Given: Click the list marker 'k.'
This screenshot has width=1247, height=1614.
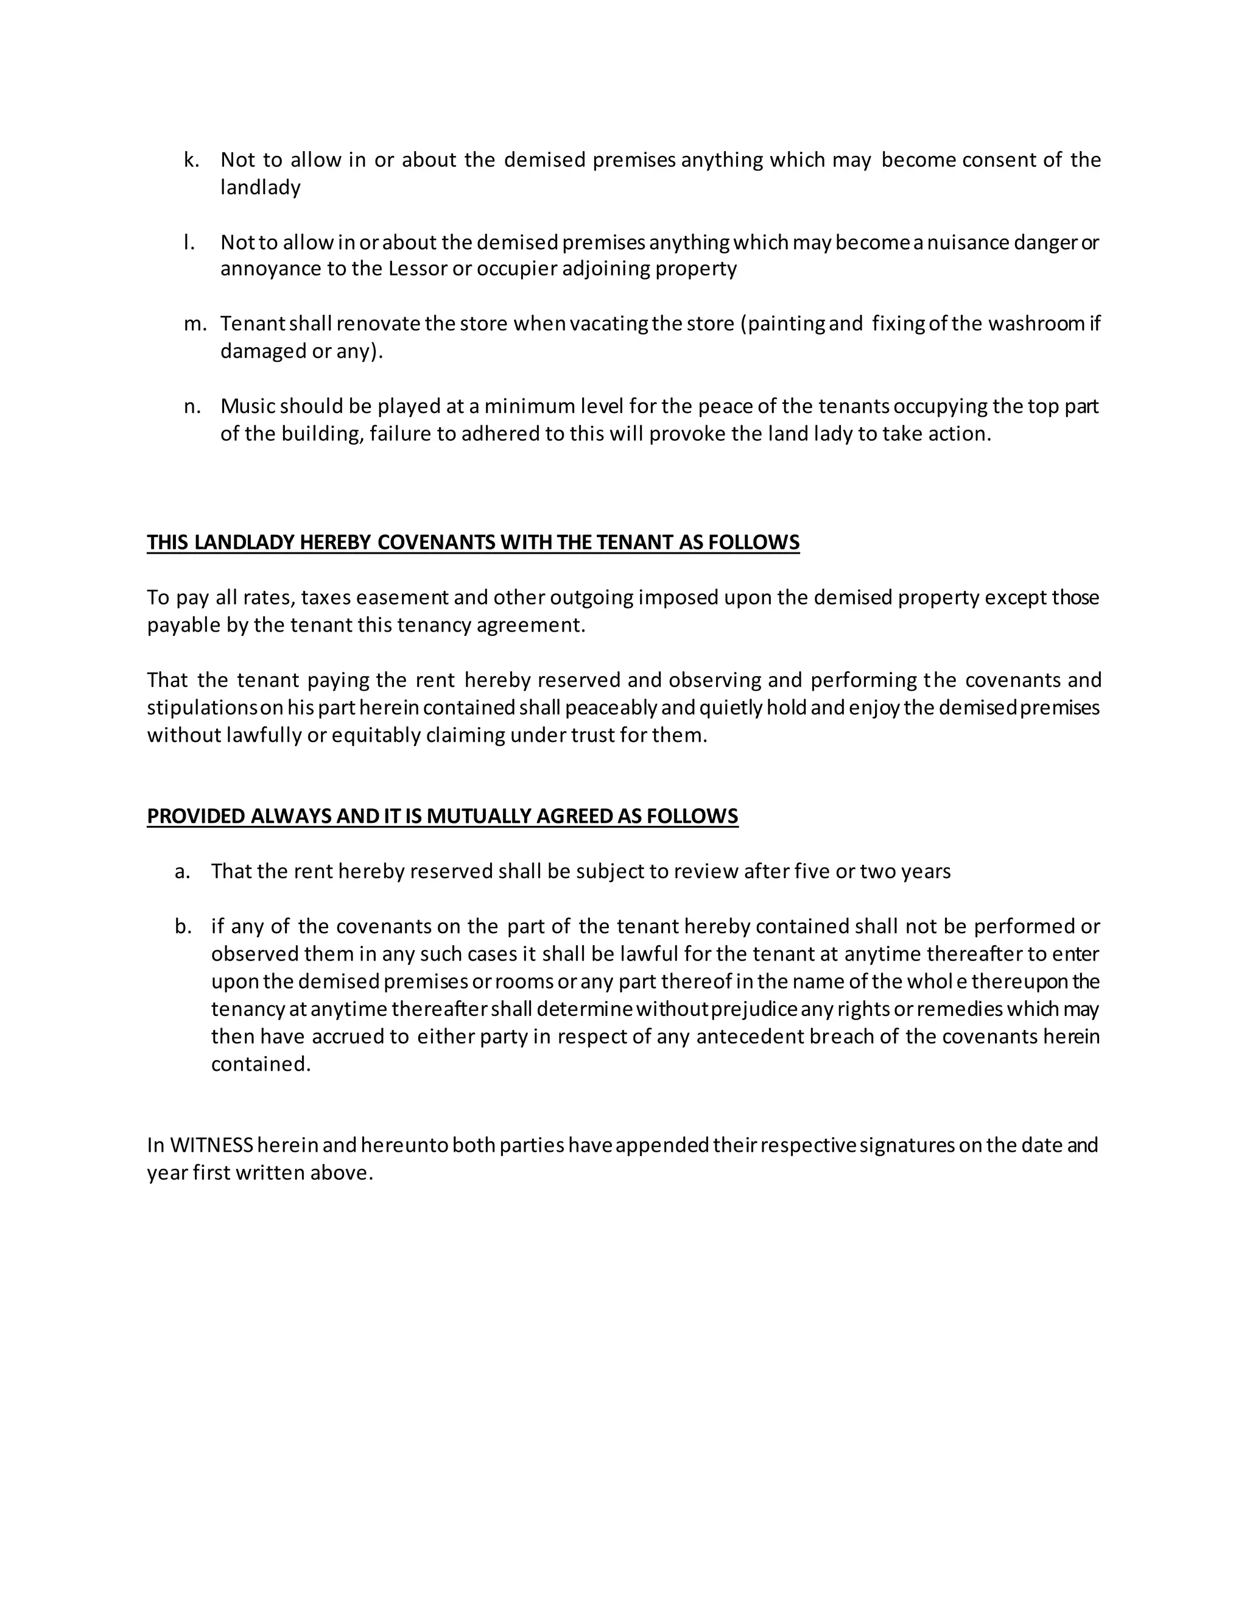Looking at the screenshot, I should point(191,160).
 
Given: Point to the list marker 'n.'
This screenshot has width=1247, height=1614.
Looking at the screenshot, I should point(192,406).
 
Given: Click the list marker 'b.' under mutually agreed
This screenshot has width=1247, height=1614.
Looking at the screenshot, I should point(183,927).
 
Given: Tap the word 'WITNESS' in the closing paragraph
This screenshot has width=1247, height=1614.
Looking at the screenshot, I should point(212,1146).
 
